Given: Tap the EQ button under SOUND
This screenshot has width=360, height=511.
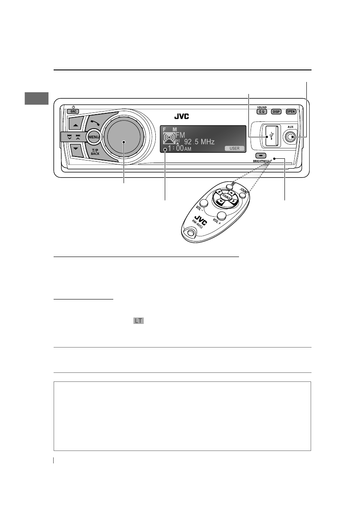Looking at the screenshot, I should (x=261, y=112).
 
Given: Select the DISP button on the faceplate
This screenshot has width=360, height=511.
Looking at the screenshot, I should (x=276, y=112).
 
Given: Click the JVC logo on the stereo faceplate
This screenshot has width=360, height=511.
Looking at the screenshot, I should (x=181, y=116).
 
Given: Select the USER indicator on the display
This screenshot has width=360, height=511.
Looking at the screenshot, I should (x=234, y=148).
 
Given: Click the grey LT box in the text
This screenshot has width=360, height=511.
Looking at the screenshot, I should (x=138, y=321).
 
